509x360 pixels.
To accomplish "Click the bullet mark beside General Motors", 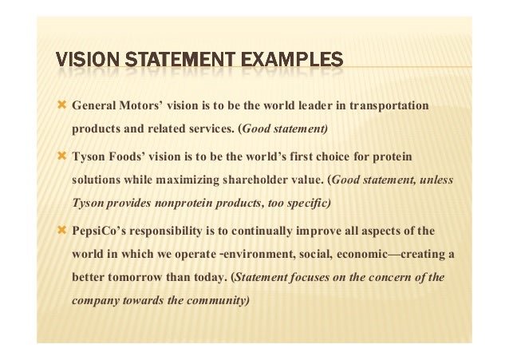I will click(x=62, y=105).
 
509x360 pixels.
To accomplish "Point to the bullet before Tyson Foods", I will click(x=62, y=156).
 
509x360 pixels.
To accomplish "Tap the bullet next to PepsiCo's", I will click(x=62, y=230).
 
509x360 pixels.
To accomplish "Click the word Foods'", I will click(x=128, y=156).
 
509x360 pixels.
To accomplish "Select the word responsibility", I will click(x=176, y=231).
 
